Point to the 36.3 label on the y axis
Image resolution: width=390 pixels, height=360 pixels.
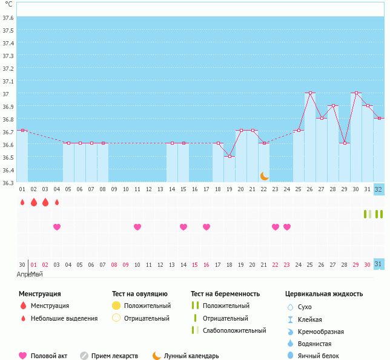tap(8, 182)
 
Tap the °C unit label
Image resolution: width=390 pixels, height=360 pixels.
tap(8, 4)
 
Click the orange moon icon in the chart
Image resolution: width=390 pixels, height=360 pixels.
tap(264, 175)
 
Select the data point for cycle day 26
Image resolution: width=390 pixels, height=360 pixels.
tap(310, 93)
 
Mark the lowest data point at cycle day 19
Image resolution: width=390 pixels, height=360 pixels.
tap(230, 156)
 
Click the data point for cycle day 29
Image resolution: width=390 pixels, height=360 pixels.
tap(345, 143)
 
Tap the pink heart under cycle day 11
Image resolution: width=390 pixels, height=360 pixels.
tap(137, 227)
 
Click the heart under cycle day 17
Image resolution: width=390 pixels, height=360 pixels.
tap(207, 227)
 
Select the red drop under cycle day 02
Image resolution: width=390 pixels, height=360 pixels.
tap(34, 202)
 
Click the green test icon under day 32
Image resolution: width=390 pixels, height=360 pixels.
tap(378, 214)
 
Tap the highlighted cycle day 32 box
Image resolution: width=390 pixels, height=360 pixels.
tap(378, 189)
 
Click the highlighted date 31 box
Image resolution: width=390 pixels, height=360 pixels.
tap(378, 264)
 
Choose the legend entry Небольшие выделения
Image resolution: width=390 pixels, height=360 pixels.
tap(64, 318)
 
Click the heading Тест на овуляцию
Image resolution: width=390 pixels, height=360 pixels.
tap(140, 294)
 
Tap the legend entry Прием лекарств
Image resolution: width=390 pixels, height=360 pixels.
tap(114, 356)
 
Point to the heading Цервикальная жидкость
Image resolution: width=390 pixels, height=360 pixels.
tap(324, 294)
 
